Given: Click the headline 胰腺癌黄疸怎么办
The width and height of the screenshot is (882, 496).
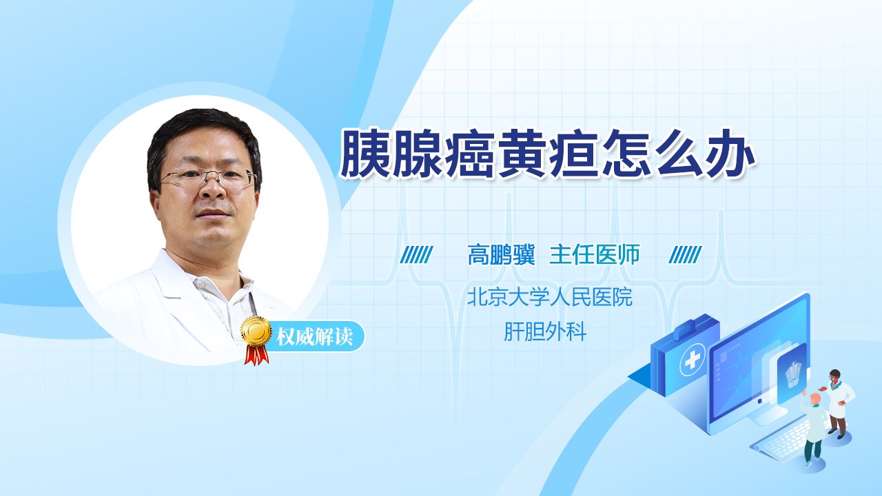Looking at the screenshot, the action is pyautogui.click(x=547, y=153).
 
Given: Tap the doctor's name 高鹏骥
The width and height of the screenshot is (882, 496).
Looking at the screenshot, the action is pyautogui.click(x=501, y=255).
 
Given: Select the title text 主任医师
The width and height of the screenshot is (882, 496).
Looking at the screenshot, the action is pyautogui.click(x=595, y=255).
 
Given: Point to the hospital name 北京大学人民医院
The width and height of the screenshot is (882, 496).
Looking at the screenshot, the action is pyautogui.click(x=550, y=297).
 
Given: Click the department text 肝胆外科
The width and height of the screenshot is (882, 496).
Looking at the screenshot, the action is pyautogui.click(x=545, y=331).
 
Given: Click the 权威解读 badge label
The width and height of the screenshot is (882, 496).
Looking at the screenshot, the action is pyautogui.click(x=315, y=337).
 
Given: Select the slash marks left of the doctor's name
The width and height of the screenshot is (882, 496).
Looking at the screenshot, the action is pyautogui.click(x=417, y=255).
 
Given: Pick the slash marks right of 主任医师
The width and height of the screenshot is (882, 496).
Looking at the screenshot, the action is pyautogui.click(x=685, y=255).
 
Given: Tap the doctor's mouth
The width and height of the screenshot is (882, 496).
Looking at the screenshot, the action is pyautogui.click(x=213, y=214).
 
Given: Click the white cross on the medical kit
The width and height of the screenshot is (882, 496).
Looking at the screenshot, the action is pyautogui.click(x=693, y=360).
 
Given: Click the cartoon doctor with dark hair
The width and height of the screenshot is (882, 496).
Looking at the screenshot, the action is pyautogui.click(x=838, y=404).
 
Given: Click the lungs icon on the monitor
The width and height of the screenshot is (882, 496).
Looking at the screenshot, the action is pyautogui.click(x=793, y=374).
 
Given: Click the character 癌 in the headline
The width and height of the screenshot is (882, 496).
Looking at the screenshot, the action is pyautogui.click(x=470, y=153).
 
